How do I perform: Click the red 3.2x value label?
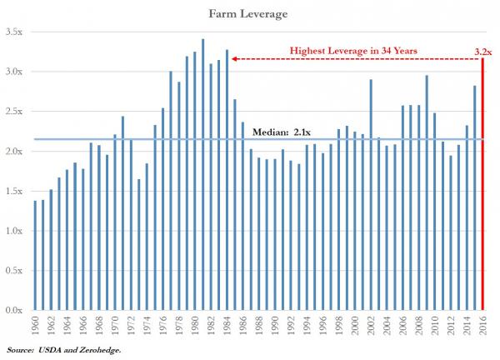pyautogui.click(x=483, y=51)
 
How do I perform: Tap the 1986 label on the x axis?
pyautogui.click(x=243, y=327)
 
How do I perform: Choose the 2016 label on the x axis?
pyautogui.click(x=482, y=327)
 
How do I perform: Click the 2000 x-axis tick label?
pyautogui.click(x=355, y=327)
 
